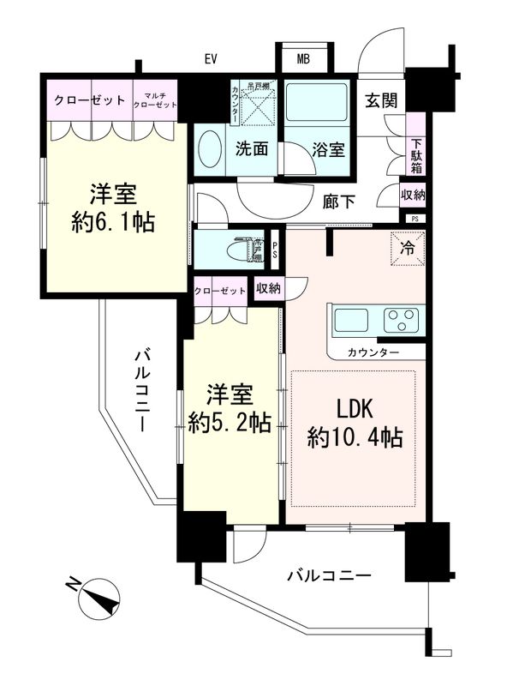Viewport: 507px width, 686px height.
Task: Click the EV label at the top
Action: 211,59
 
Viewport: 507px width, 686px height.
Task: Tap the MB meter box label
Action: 303,59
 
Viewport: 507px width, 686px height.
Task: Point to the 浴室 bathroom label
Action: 329,149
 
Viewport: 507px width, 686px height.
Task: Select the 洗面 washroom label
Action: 253,149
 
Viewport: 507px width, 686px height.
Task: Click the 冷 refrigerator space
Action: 407,250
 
